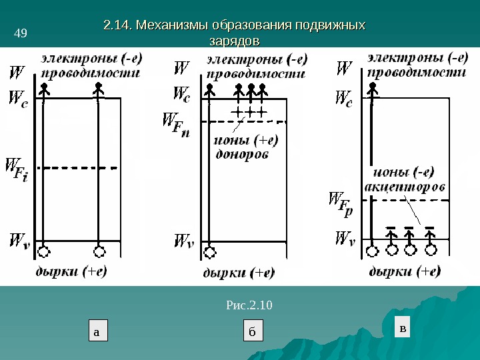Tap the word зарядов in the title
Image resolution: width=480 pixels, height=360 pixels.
coord(233,41)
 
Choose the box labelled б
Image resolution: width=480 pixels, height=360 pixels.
coord(252,331)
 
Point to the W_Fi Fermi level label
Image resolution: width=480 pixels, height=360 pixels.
coord(17,171)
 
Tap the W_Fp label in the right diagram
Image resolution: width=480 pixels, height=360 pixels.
coord(341,203)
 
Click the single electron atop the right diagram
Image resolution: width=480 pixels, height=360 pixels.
coord(371,88)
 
